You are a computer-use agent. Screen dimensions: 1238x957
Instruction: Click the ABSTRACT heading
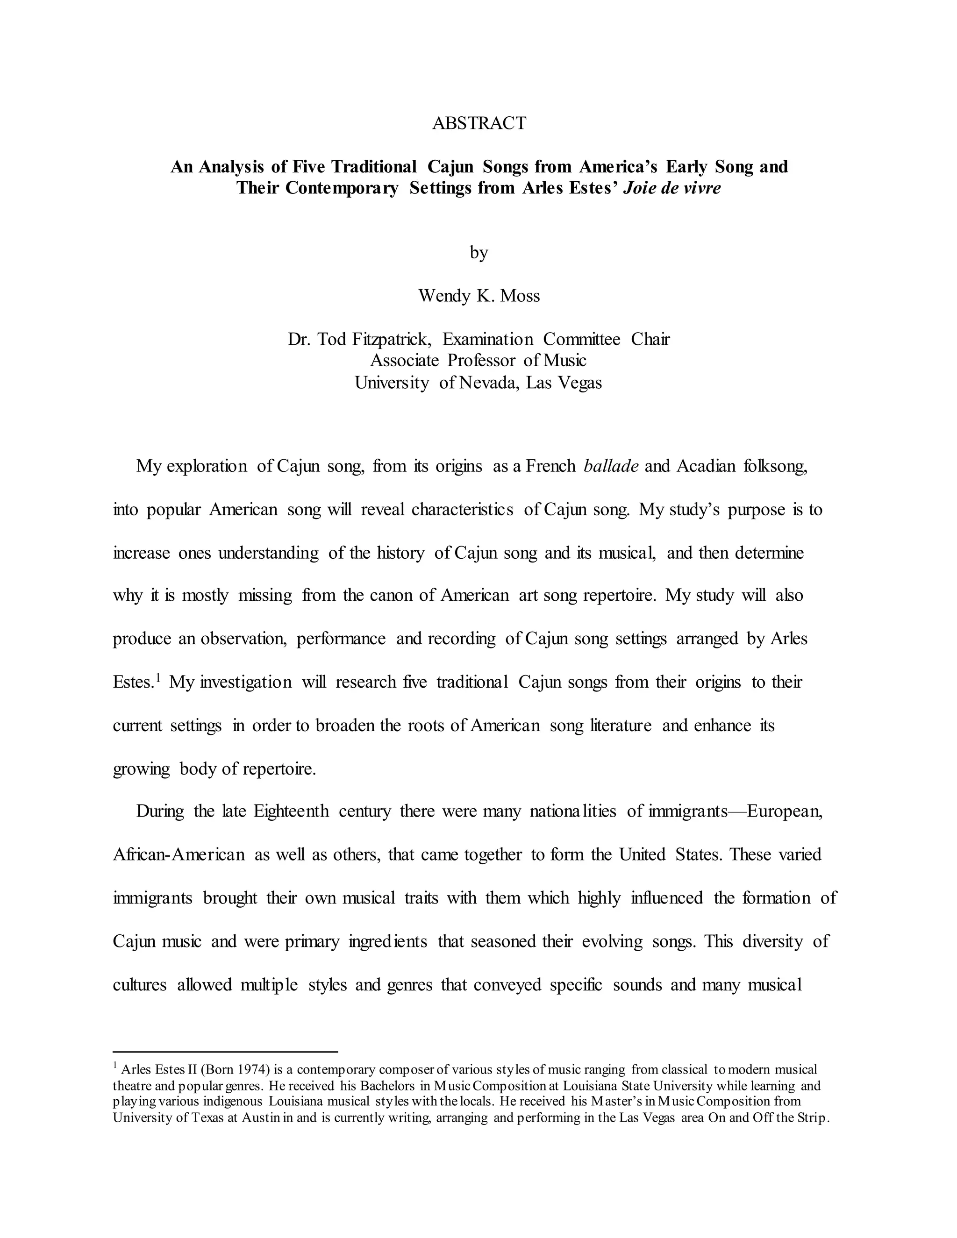point(478,123)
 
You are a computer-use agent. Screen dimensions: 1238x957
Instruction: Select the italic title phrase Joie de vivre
point(672,188)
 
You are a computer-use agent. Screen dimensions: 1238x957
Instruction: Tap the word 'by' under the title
point(478,252)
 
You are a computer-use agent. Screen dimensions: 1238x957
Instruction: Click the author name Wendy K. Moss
point(478,295)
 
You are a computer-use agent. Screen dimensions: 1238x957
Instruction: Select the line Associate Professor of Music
point(478,361)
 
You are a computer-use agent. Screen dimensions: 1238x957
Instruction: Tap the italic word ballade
point(611,466)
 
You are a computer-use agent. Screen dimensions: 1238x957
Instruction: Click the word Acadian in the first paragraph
point(706,466)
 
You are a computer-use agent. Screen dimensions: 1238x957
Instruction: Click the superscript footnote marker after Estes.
point(159,677)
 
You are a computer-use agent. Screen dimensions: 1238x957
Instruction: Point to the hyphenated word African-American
point(179,854)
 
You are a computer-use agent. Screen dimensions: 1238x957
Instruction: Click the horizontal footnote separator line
point(225,1052)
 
